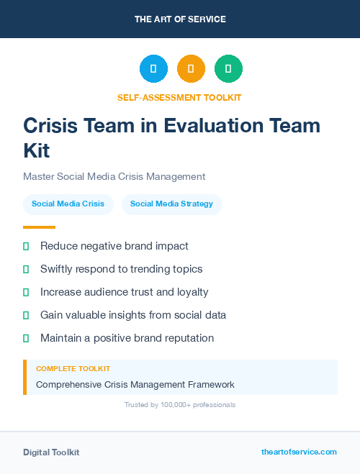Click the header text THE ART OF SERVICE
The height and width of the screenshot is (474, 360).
[180, 19]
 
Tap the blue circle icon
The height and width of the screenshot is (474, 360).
[153, 69]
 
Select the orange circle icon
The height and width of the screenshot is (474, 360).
[191, 69]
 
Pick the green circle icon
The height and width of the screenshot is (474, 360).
[228, 69]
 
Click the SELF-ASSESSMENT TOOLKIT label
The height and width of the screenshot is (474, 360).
[179, 97]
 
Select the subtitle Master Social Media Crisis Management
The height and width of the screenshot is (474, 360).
[114, 176]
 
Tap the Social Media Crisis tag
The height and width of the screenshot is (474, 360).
[68, 204]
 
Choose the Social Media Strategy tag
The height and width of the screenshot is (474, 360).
[171, 204]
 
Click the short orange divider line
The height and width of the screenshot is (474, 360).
[39, 227]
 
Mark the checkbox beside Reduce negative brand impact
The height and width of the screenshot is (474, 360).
[26, 246]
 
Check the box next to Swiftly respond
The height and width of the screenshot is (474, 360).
[26, 269]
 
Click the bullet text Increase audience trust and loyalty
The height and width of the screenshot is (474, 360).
[124, 292]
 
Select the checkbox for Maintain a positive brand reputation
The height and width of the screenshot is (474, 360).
[26, 338]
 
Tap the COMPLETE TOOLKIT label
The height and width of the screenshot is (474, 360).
[73, 369]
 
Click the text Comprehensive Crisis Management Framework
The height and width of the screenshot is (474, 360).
[135, 385]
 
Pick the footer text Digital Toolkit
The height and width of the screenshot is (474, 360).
[51, 452]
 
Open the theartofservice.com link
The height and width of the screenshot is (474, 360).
[299, 452]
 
